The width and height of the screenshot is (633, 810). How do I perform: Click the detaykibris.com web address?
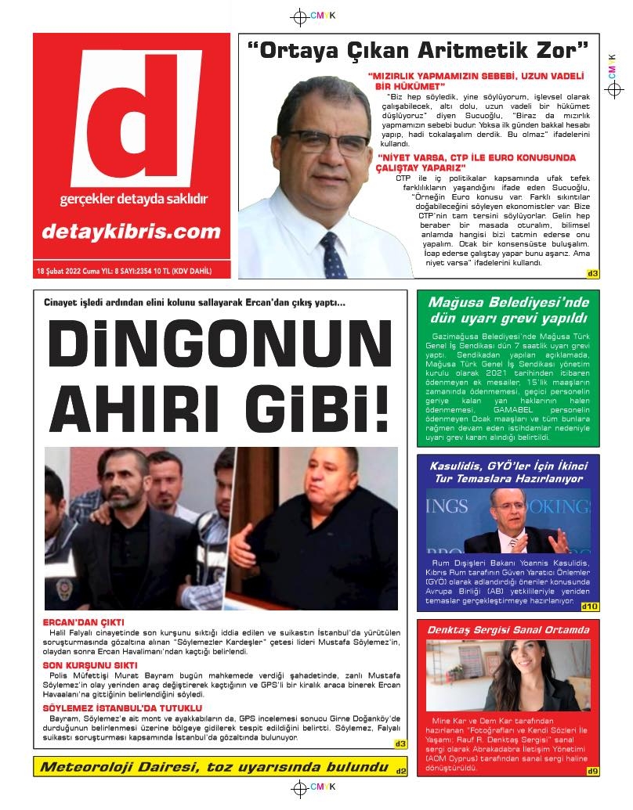pyautogui.click(x=132, y=231)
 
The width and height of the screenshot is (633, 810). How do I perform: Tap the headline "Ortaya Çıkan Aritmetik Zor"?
pyautogui.click(x=417, y=52)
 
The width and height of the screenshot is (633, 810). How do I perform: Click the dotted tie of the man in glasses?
pyautogui.click(x=332, y=254)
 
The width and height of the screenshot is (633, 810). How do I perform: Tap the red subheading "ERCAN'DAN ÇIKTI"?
pyautogui.click(x=84, y=622)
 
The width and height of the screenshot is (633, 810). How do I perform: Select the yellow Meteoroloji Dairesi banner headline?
pyautogui.click(x=214, y=766)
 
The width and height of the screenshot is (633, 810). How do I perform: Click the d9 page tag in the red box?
pyautogui.click(x=592, y=772)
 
